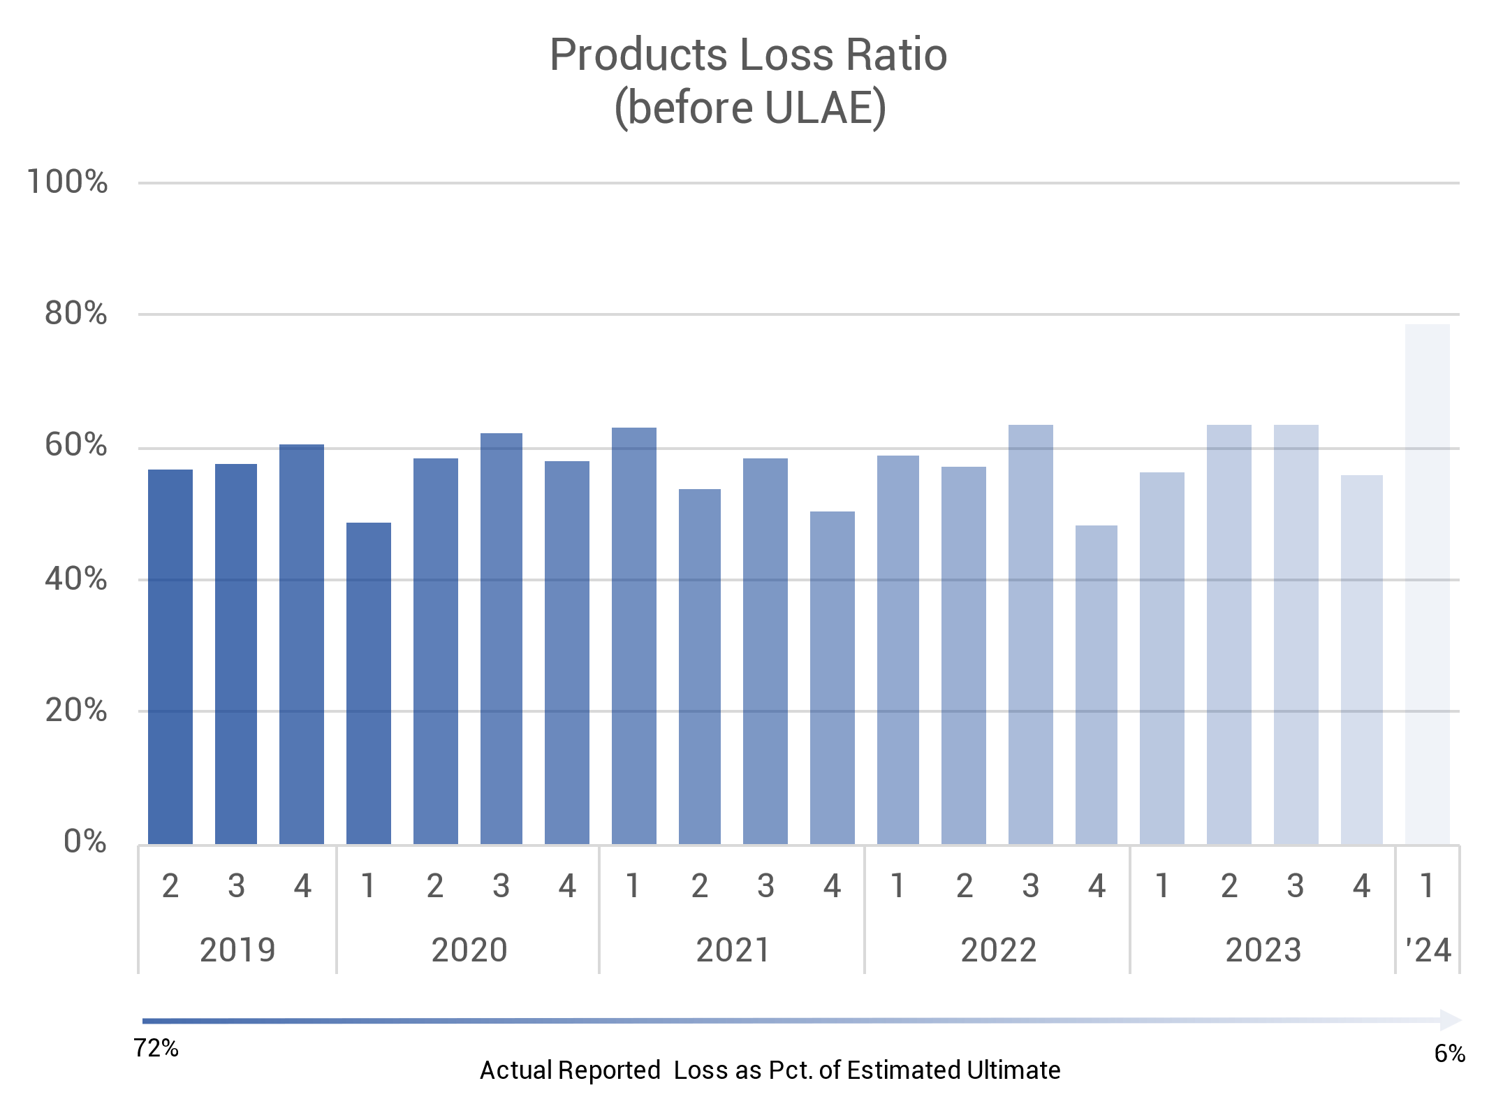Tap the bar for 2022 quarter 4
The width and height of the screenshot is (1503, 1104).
click(1097, 685)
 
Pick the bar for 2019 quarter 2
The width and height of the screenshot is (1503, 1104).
click(170, 657)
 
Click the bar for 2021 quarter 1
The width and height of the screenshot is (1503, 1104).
click(634, 636)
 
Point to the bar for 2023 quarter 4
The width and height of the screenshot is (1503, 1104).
click(1362, 660)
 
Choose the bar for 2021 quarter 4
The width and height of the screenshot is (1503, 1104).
click(833, 678)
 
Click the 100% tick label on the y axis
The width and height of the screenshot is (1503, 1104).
click(67, 182)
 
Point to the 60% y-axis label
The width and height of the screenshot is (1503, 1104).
click(75, 446)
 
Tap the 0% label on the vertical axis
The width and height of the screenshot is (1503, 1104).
click(85, 842)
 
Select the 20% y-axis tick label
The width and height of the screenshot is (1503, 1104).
click(75, 711)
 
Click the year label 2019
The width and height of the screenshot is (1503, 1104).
click(237, 950)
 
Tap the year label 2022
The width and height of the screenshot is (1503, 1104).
click(998, 950)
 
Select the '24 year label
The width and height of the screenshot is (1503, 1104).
click(1428, 950)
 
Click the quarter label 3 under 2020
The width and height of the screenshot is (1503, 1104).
click(501, 887)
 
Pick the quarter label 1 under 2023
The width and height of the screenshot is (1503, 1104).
click(1162, 887)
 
